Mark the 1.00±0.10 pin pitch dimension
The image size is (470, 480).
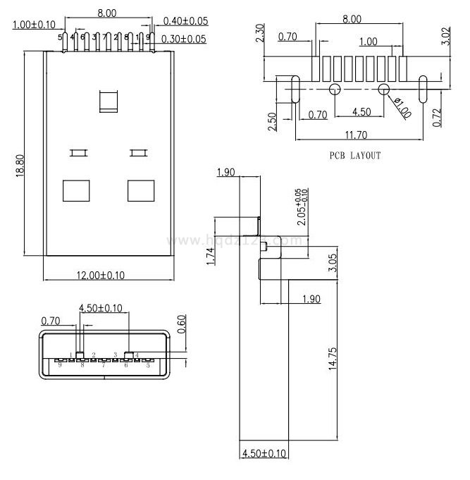point(34,25)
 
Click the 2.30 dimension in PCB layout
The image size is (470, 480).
point(260,34)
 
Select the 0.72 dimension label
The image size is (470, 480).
point(437,117)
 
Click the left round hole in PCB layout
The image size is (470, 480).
point(335,90)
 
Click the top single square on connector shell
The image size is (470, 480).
point(110,101)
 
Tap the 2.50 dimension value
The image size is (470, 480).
point(272,121)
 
